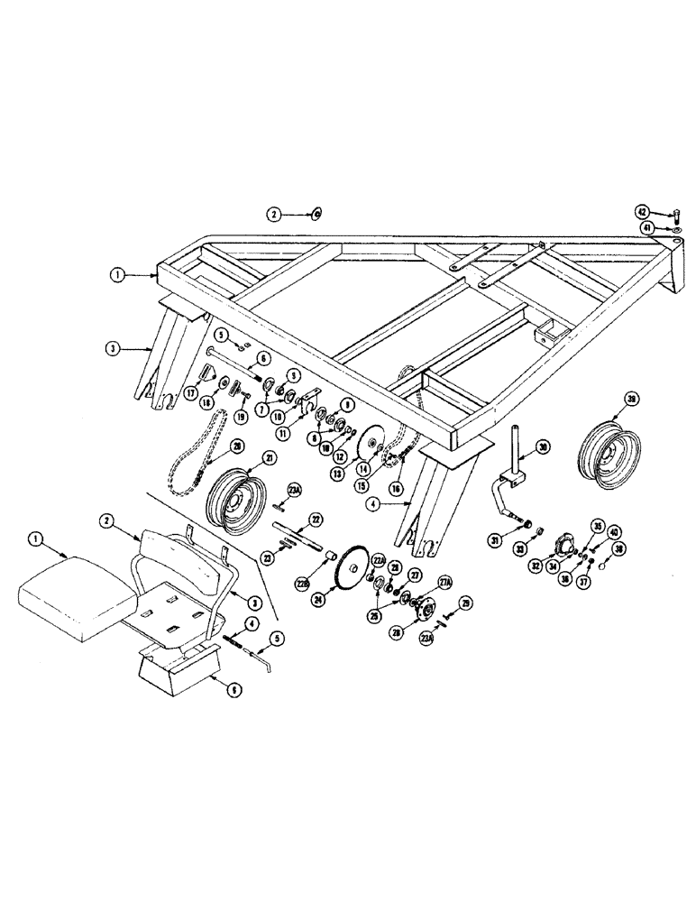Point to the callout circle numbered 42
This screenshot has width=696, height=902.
point(642,211)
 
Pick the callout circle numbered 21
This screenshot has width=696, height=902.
point(241,458)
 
